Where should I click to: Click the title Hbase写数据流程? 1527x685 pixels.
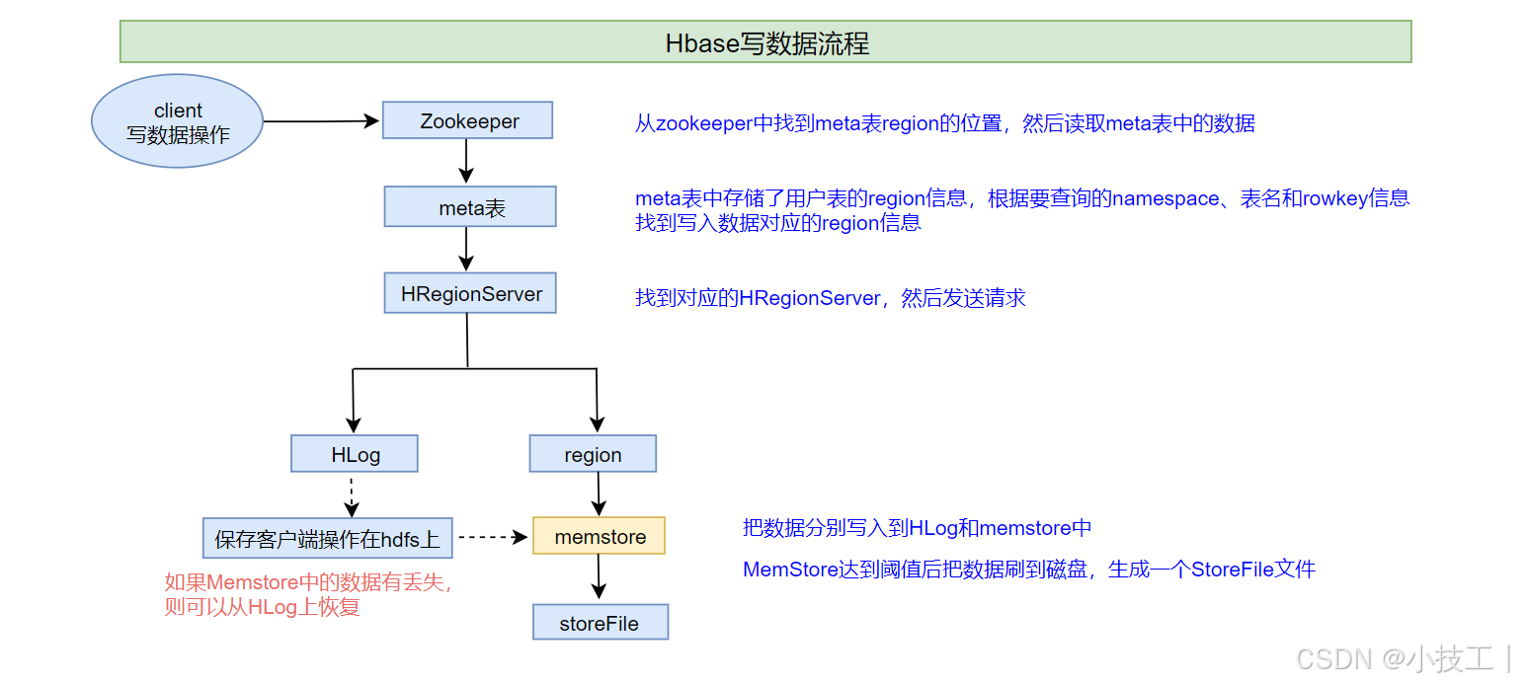765,42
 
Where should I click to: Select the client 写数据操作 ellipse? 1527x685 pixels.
178,121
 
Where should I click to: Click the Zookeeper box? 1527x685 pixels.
468,121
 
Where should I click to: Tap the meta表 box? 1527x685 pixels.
470,207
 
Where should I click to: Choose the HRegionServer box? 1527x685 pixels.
470,294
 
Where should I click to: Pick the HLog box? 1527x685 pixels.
355,454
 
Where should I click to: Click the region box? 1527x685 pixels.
593,454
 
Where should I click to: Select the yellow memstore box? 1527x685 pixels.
600,536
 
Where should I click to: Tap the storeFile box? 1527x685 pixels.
600,623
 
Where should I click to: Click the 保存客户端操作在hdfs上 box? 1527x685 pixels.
327,539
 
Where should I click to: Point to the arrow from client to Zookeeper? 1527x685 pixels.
322,121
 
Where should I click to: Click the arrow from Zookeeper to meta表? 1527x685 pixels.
467,161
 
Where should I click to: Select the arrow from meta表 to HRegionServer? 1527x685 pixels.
467,249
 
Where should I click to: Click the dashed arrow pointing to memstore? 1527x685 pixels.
493,537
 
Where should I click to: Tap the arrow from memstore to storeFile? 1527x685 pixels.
599,577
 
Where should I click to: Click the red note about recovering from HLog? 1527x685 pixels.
309,594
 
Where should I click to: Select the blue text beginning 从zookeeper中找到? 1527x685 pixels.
944,124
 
